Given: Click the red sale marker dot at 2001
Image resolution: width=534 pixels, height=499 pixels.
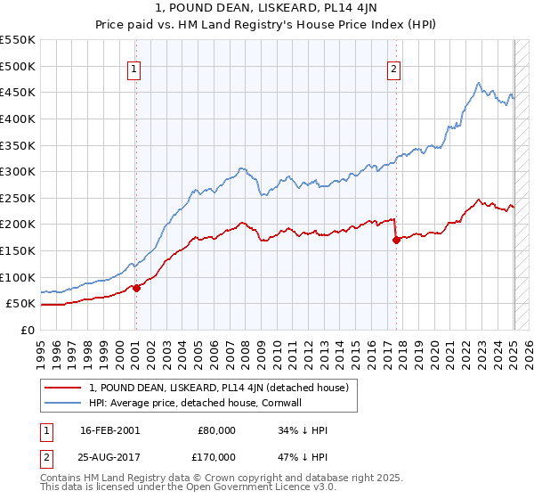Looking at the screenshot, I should coord(137,288).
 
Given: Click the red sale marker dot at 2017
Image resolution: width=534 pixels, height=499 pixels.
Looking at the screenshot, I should coord(396,240).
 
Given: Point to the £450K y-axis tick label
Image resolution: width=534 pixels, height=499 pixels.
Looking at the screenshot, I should coord(18,92).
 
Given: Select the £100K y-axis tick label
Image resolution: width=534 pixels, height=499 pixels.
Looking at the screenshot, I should coord(18,277).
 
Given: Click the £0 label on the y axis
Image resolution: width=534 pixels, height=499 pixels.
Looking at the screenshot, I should coord(28,330).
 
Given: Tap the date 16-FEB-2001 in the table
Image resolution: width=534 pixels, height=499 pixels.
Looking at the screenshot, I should coord(109,430).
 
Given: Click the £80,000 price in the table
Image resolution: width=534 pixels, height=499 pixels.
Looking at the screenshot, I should coord(216,430).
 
